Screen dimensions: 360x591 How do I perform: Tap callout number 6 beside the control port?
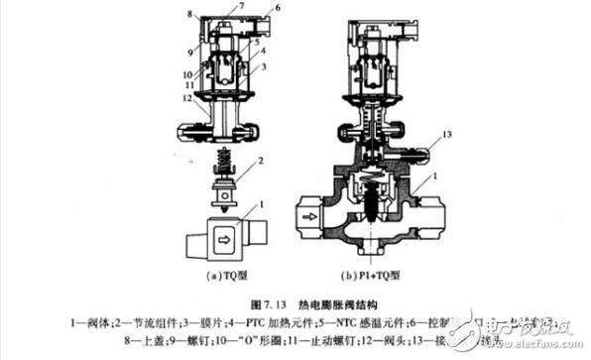tap(277, 8)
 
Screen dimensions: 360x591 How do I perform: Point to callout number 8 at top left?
tap(188, 15)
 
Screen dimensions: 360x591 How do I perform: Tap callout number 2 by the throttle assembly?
tap(260, 160)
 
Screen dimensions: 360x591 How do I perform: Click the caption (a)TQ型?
tap(227, 274)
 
